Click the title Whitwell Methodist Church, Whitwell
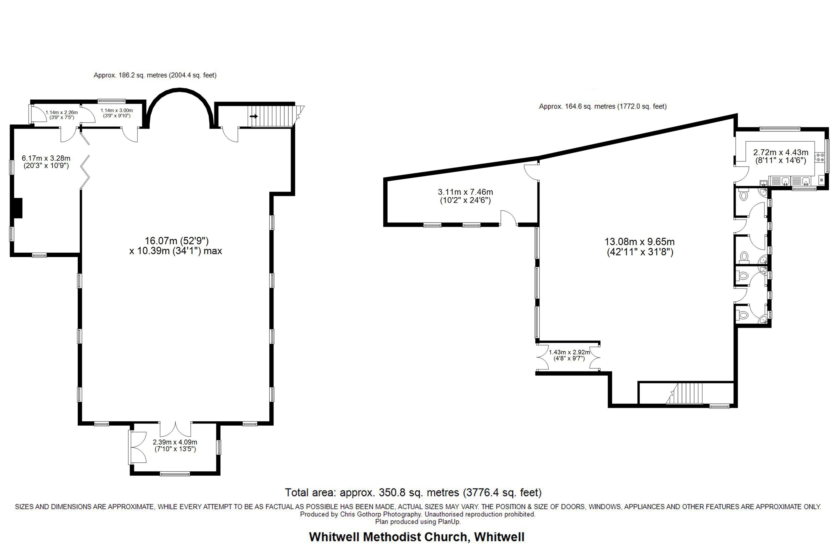417,537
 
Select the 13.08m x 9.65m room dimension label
640,247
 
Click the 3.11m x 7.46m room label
465,196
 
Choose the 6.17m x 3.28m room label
46,162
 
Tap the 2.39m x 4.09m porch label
175,445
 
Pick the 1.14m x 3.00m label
117,113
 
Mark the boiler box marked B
821,180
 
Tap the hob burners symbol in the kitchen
820,157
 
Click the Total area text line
413,493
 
